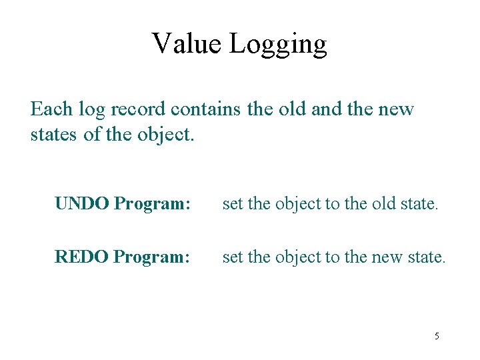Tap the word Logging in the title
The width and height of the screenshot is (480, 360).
click(278, 45)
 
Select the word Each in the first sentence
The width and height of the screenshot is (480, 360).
click(51, 109)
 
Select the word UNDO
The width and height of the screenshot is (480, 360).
click(82, 203)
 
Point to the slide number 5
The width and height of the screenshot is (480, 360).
click(437, 336)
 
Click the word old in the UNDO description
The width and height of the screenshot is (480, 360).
click(383, 203)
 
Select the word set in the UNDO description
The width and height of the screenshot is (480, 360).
click(233, 203)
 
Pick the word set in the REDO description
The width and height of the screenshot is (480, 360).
click(233, 256)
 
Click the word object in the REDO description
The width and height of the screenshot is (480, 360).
click(298, 257)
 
